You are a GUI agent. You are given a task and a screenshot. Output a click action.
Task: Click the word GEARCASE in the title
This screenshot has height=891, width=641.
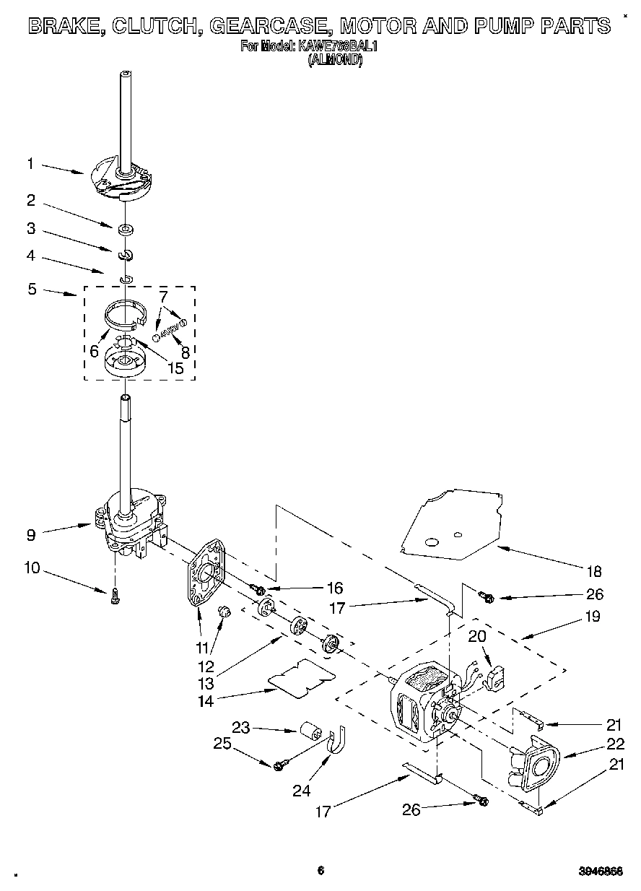pyautogui.click(x=269, y=27)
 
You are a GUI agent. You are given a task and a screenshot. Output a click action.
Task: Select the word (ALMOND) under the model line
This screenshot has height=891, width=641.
pyautogui.click(x=334, y=61)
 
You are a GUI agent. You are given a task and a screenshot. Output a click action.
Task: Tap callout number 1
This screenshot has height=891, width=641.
pyautogui.click(x=30, y=164)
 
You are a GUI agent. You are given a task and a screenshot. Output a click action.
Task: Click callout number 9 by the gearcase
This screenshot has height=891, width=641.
pyautogui.click(x=30, y=535)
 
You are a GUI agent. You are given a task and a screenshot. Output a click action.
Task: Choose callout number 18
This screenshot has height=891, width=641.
pyautogui.click(x=593, y=572)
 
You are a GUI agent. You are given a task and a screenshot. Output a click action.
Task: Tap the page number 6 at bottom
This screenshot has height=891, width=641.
pyautogui.click(x=320, y=871)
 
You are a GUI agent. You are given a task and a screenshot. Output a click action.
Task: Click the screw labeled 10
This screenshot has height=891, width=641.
pyautogui.click(x=115, y=596)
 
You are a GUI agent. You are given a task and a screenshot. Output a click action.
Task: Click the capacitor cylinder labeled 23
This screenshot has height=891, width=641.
pyautogui.click(x=312, y=730)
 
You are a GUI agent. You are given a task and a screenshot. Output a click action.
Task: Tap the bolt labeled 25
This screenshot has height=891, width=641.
pyautogui.click(x=279, y=764)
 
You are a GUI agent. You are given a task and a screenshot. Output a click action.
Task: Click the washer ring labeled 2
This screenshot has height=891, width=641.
pyautogui.click(x=127, y=230)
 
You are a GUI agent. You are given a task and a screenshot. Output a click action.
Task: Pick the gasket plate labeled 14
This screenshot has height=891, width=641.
pyautogui.click(x=302, y=679)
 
